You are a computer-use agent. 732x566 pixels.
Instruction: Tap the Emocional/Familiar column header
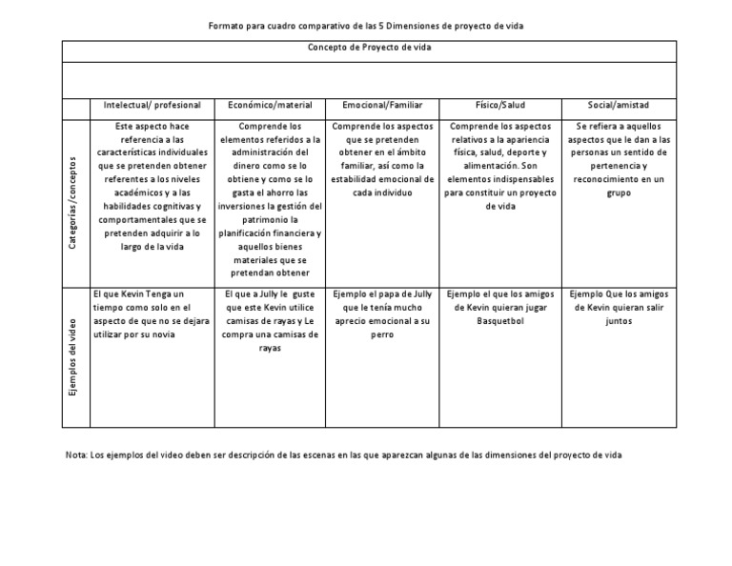(382, 105)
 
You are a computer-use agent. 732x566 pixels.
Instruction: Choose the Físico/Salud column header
(501, 105)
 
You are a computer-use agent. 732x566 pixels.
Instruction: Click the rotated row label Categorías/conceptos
(74, 202)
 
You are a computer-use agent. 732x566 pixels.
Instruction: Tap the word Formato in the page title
(226, 26)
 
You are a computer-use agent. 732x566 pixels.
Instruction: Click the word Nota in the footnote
(74, 455)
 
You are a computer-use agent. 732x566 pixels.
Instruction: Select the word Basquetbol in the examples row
(501, 322)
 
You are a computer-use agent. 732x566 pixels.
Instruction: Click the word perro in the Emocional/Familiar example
(382, 335)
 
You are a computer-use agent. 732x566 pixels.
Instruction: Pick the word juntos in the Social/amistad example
(618, 322)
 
